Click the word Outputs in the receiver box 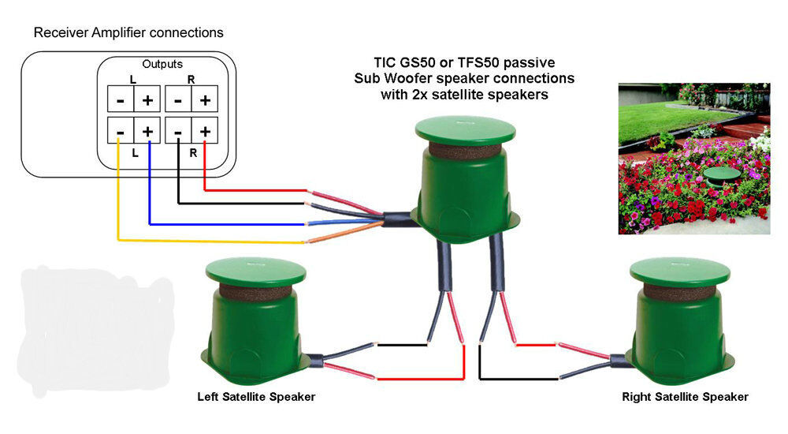[x=162, y=64]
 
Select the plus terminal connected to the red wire [x=204, y=129]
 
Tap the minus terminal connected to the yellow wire [x=119, y=129]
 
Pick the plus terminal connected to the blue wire [x=147, y=129]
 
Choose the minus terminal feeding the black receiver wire [x=178, y=129]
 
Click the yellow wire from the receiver [x=118, y=197]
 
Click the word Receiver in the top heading [x=59, y=33]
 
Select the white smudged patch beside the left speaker [x=95, y=327]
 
